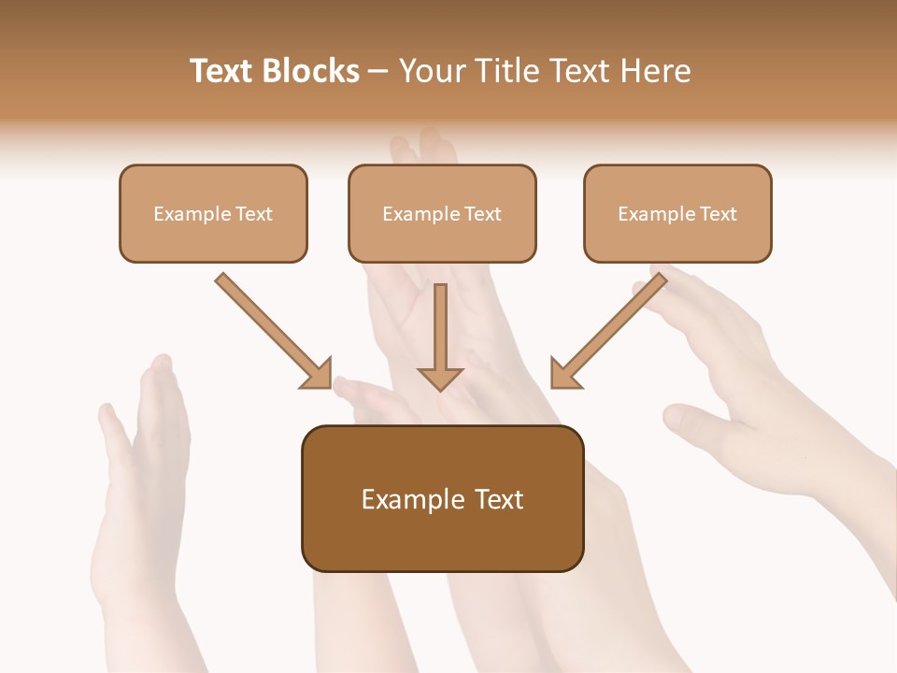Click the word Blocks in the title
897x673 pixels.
point(310,71)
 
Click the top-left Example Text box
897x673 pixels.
point(213,213)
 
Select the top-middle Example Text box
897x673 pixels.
point(442,213)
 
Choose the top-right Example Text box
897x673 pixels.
point(677,213)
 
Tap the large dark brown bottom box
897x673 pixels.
point(442,498)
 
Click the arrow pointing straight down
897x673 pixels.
point(440,332)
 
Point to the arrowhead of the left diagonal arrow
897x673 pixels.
point(318,374)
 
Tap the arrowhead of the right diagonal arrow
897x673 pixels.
point(563,374)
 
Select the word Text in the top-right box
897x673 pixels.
point(718,214)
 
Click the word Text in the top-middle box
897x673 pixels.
point(482,214)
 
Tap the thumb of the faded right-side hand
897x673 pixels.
point(691,421)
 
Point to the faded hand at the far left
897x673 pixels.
point(140,486)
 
